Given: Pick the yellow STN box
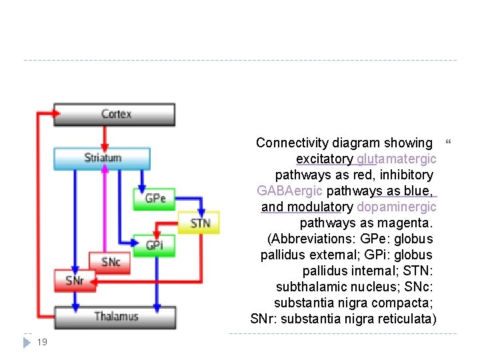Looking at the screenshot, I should (200, 222).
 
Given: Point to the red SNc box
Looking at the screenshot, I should (110, 262).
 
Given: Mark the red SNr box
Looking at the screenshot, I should (75, 281).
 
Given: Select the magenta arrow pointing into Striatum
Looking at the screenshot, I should (104, 207).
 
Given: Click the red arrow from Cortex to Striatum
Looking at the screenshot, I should (104, 137).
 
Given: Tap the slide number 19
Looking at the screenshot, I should (41, 342).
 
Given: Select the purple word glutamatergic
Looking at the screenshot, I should (397, 159).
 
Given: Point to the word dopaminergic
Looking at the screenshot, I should (397, 207).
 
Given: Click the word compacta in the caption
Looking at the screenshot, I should (408, 303).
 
